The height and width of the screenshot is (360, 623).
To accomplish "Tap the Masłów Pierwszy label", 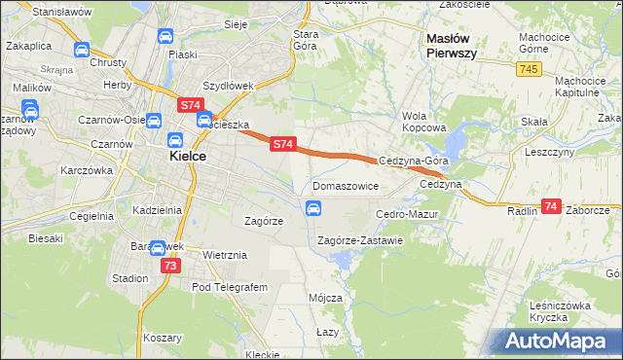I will click(452, 46).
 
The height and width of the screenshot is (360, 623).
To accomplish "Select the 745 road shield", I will click(530, 68).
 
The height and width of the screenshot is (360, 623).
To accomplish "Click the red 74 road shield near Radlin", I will click(552, 206).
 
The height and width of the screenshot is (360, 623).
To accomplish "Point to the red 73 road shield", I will click(171, 266).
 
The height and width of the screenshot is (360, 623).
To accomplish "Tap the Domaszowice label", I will click(346, 185).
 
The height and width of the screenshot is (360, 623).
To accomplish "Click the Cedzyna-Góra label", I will click(413, 161).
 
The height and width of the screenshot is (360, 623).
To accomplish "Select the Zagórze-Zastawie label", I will click(360, 240).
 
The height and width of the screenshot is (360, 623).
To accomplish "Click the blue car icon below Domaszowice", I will click(313, 207).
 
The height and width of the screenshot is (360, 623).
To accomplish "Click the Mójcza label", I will click(325, 298).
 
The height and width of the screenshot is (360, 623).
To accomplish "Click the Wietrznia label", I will click(226, 255).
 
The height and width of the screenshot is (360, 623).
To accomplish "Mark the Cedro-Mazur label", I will click(408, 213).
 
